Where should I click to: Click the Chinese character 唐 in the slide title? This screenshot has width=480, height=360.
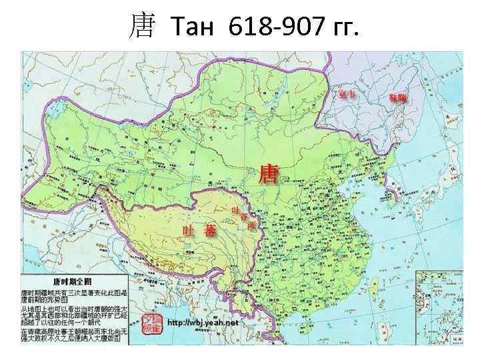[x=141, y=27]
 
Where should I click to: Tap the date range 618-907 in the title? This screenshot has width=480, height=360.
[x=273, y=27]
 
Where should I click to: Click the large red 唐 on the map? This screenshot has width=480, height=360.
[x=269, y=175]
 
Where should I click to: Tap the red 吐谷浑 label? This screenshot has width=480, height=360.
[x=243, y=217]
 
